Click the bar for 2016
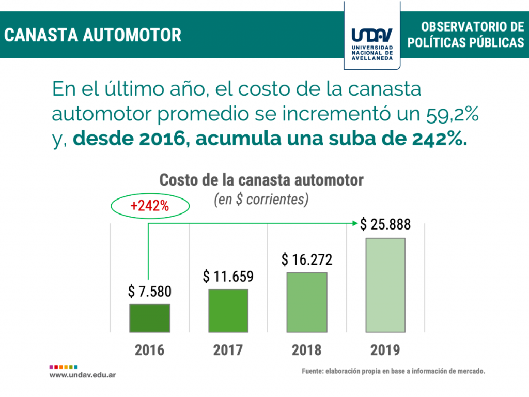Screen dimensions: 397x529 [x=149, y=318]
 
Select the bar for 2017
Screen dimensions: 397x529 [x=228, y=310]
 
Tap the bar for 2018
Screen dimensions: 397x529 [x=307, y=302]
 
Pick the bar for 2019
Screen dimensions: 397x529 [x=385, y=285]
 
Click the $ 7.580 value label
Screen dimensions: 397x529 [x=149, y=292]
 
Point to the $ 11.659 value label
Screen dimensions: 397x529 [x=228, y=277]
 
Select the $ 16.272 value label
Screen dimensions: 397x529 [x=307, y=259]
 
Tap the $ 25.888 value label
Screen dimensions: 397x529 [x=385, y=224]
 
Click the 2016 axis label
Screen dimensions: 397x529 [x=149, y=350]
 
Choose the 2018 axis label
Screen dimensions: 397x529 [x=307, y=350]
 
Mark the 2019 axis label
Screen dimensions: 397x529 [x=385, y=350]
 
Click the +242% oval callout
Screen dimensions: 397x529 [x=150, y=206]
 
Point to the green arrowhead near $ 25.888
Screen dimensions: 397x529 [x=355, y=223]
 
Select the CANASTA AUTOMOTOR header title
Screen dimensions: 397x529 [x=93, y=35]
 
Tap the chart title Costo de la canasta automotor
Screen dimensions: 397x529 [x=261, y=180]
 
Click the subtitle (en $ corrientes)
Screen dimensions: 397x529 [x=261, y=200]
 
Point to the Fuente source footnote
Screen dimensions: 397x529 [x=394, y=371]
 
